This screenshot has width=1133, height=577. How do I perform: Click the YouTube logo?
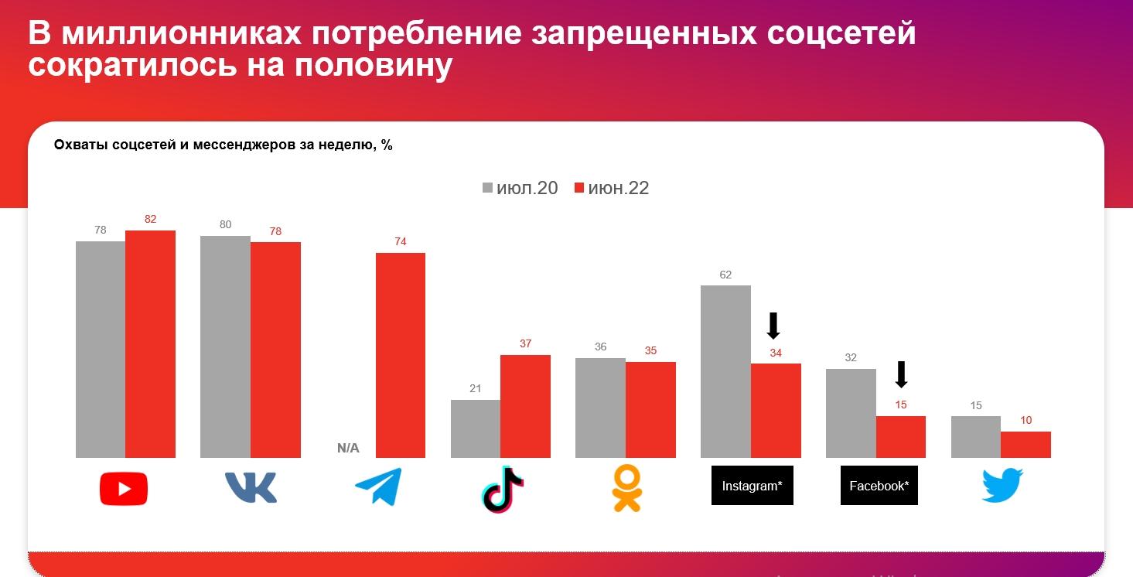(x=124, y=489)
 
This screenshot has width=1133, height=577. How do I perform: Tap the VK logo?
(x=251, y=487)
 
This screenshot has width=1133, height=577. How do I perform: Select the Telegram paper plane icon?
(x=378, y=487)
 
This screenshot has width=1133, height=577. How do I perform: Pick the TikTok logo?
(x=502, y=488)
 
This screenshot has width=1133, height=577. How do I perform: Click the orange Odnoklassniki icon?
(x=626, y=488)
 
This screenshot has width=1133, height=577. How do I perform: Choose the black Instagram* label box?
(x=752, y=486)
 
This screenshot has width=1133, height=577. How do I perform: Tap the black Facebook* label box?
(x=879, y=486)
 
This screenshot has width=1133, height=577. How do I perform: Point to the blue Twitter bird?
(x=1002, y=486)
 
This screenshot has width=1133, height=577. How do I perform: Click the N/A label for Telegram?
(x=348, y=448)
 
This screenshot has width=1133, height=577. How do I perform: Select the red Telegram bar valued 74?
(x=401, y=355)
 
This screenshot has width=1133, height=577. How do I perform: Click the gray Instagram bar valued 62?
(x=725, y=371)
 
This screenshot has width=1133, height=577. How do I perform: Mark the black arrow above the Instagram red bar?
(x=773, y=326)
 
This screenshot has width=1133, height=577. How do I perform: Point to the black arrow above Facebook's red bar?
(x=900, y=374)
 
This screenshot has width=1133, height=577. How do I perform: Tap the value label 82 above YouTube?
(x=150, y=219)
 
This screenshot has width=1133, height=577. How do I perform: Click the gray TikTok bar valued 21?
(x=476, y=428)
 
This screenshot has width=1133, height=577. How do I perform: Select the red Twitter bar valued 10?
(x=1026, y=445)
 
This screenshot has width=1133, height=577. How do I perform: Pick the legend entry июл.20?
(x=520, y=188)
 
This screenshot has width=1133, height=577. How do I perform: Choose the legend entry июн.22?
(x=611, y=188)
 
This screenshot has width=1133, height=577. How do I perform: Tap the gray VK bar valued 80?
(x=225, y=347)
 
